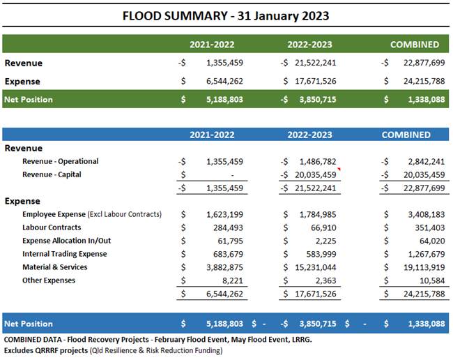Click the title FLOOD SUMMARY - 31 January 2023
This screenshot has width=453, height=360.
coord(226,16)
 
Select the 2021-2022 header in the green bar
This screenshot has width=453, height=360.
coord(212,45)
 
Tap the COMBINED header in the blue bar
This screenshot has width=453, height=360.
coord(406,135)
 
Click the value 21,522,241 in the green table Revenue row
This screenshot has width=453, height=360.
coord(316,63)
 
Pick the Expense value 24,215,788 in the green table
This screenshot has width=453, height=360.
coord(424,81)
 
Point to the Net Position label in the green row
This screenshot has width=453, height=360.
coord(29,100)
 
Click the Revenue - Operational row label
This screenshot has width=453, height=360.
coord(61,161)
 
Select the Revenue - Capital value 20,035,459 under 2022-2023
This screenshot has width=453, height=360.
coord(316,175)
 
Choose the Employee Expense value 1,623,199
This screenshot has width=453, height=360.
coord(224,215)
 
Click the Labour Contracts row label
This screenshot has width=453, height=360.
coord(52,227)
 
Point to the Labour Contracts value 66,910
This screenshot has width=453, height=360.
coord(323,228)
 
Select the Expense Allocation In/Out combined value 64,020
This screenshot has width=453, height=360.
coord(432,241)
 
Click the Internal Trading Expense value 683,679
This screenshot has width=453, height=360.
coord(228,254)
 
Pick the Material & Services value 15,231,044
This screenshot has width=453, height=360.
coord(316,267)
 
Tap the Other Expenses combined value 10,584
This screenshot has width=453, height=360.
coord(432,280)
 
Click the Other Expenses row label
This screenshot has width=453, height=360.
coord(49,280)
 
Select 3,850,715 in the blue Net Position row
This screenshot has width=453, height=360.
coord(318,324)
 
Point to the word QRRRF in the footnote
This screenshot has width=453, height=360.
coord(47,350)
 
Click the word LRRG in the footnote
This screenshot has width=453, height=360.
coord(301,340)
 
